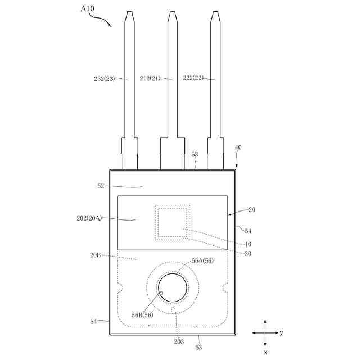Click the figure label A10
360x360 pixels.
(87, 9)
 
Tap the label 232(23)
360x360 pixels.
(104, 79)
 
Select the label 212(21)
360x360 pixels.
(150, 79)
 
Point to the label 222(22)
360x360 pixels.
(193, 78)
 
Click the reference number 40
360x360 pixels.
(238, 147)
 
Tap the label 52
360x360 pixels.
(101, 186)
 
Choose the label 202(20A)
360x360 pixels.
(89, 218)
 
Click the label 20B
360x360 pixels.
(95, 255)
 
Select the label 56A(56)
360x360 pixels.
(202, 261)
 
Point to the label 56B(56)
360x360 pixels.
(142, 315)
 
